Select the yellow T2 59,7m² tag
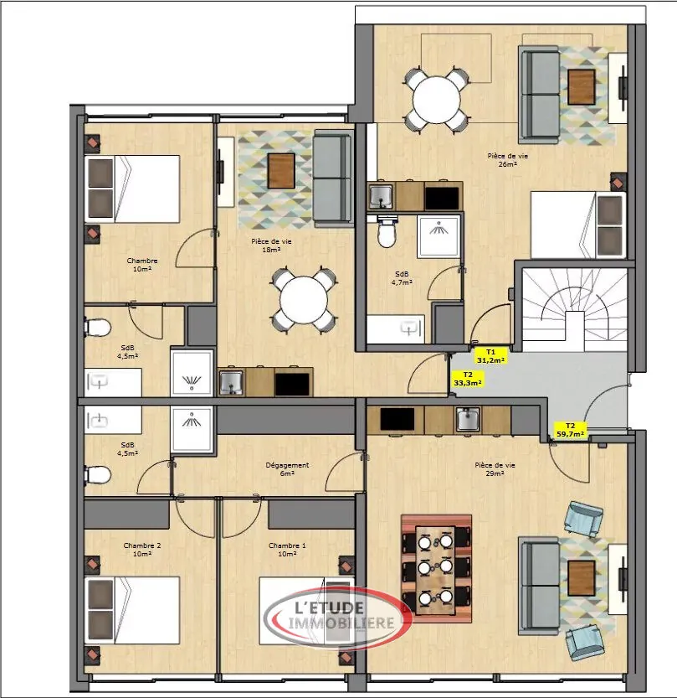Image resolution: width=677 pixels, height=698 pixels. point(570,431)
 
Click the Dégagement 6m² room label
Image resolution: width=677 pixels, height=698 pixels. point(287,468)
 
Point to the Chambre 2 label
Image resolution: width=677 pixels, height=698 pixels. point(141,550)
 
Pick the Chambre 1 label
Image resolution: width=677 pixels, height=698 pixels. point(287,550)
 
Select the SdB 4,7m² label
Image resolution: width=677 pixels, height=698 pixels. point(403,277)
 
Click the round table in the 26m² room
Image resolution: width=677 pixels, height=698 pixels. point(437,99)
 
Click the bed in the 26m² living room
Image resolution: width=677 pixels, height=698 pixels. point(577,225)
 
